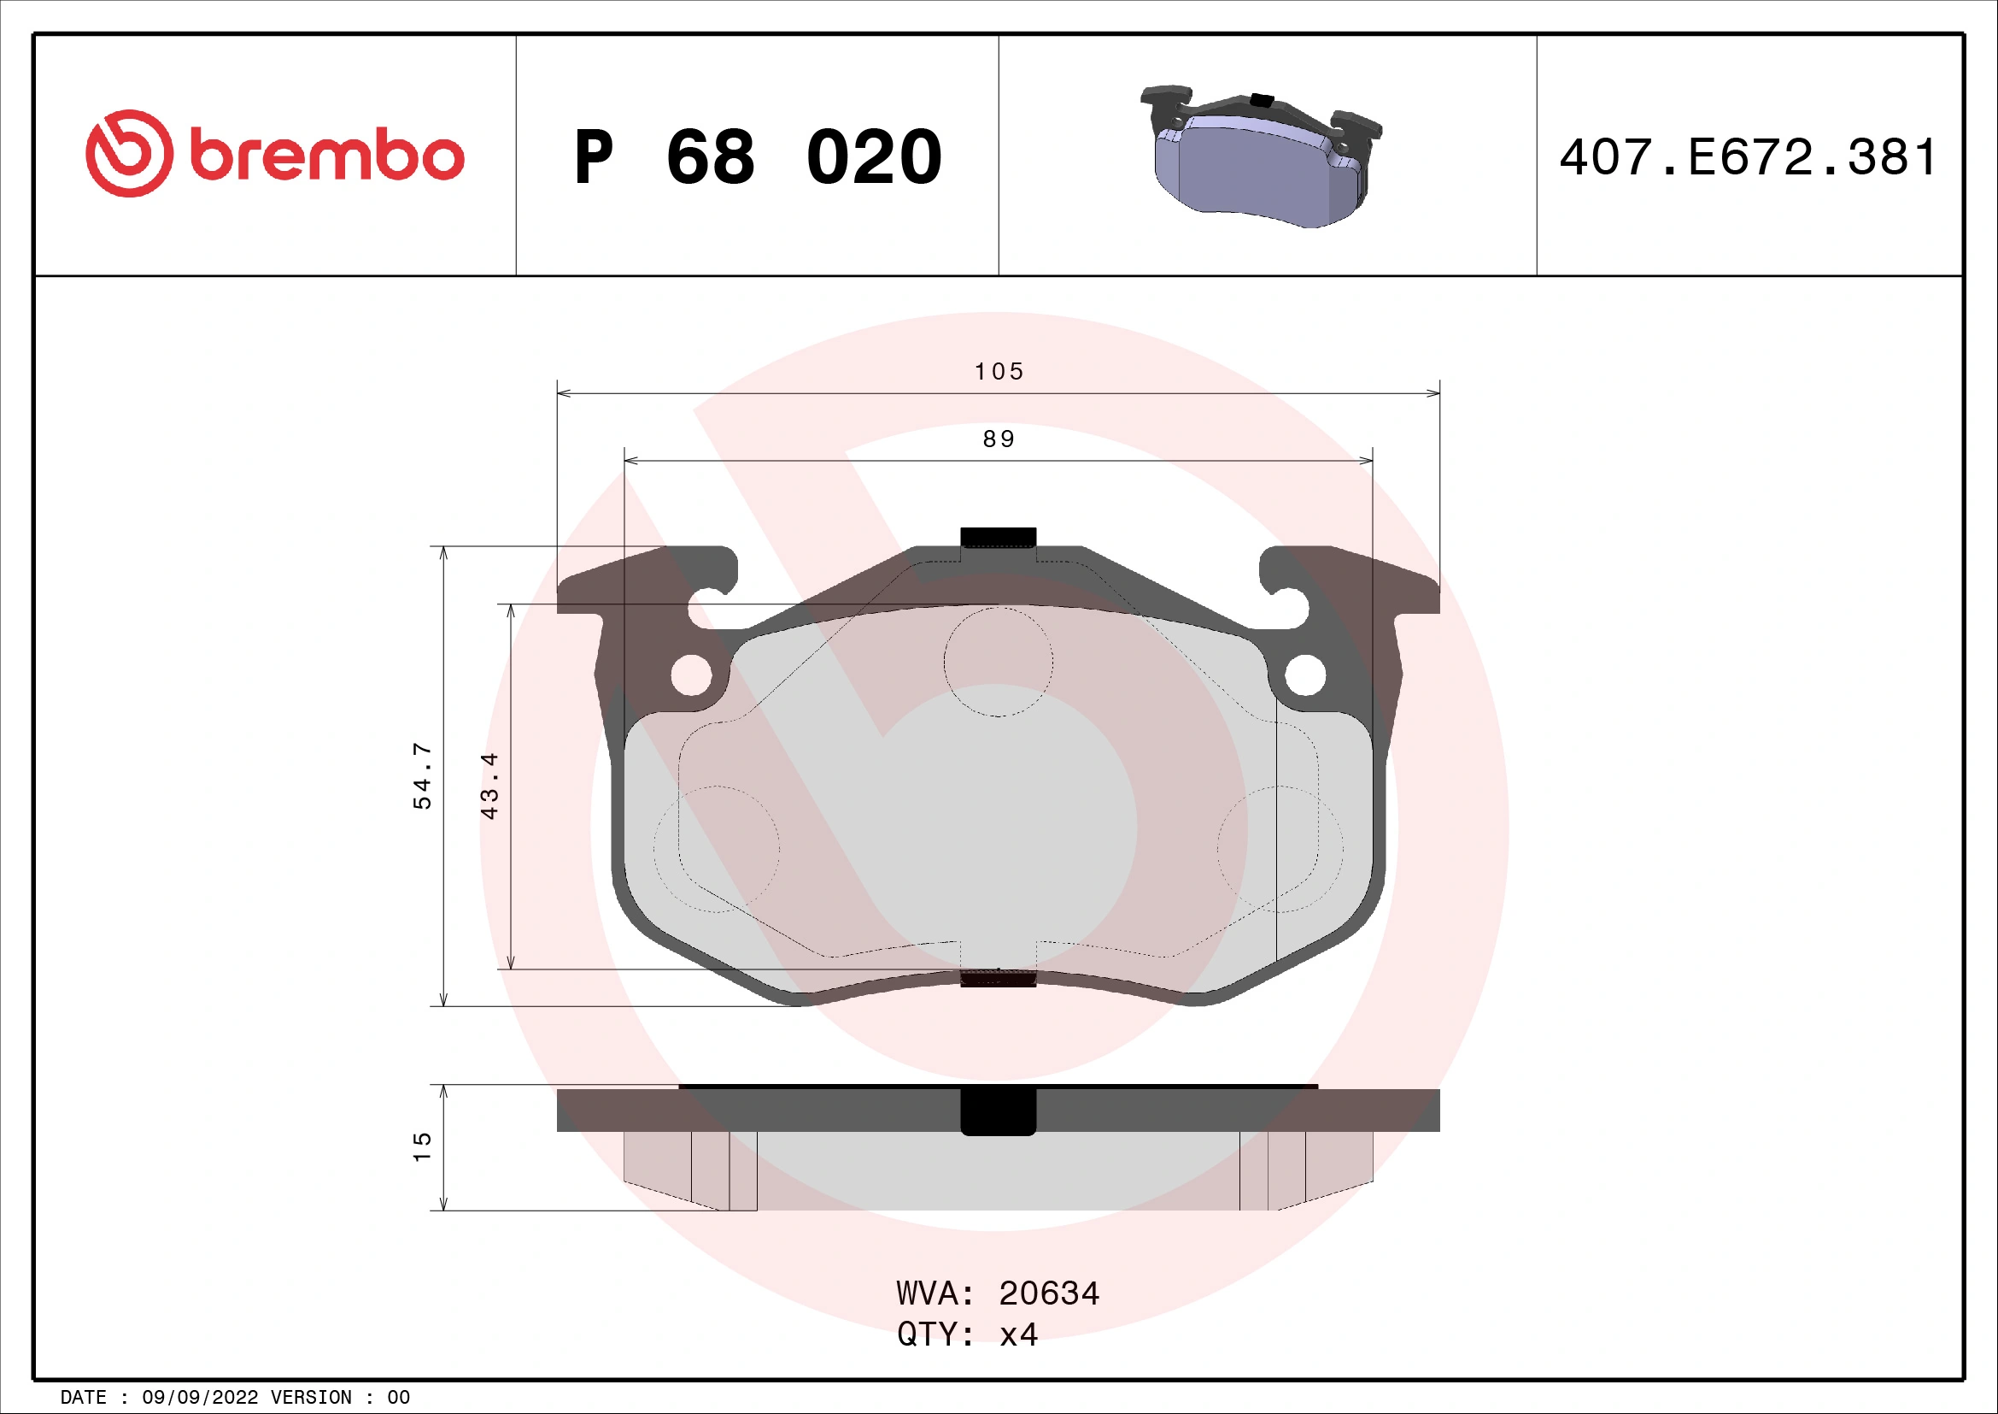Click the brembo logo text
326,156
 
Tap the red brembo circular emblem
129,153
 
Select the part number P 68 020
757,157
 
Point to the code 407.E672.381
1748,157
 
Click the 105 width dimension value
998,372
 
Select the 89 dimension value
998,439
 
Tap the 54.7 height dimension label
422,775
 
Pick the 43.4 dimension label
490,786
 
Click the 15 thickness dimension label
422,1146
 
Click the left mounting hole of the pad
692,675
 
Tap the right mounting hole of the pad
1304,675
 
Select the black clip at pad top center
998,537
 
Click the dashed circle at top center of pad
998,662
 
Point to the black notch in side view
998,1112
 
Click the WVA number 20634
1049,1293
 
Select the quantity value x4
1018,1334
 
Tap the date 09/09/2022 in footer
200,1398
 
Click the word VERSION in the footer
311,1398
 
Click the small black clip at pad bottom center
998,978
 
